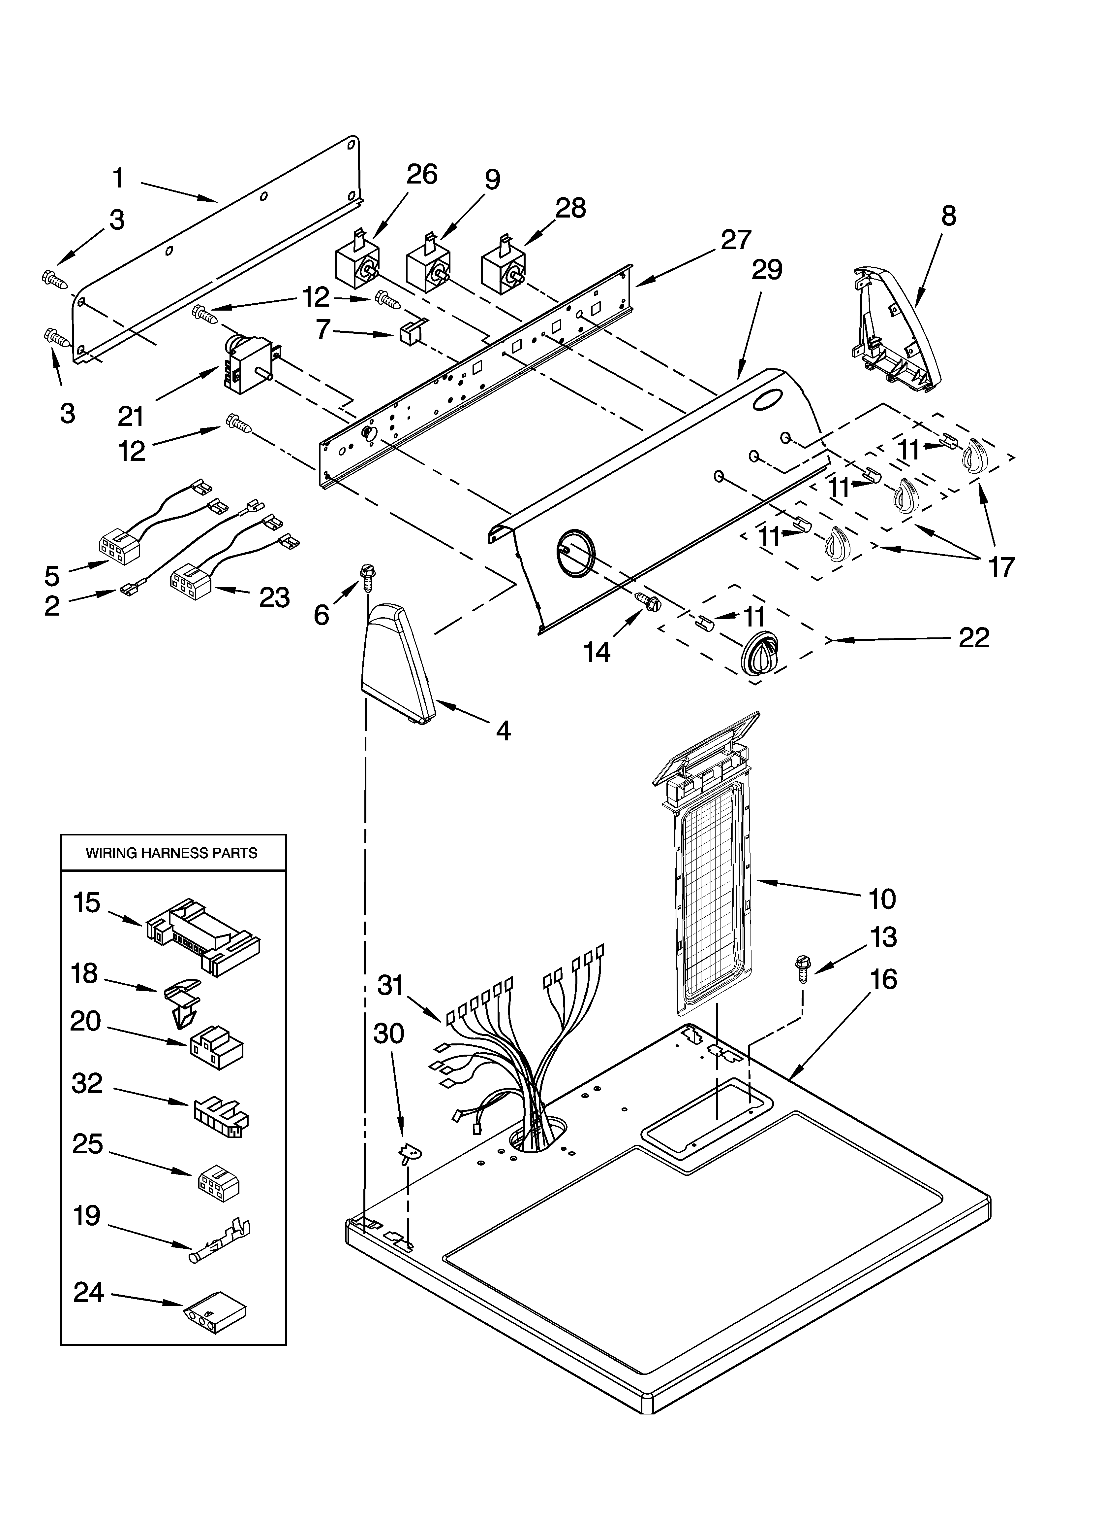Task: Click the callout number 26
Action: pos(421,174)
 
